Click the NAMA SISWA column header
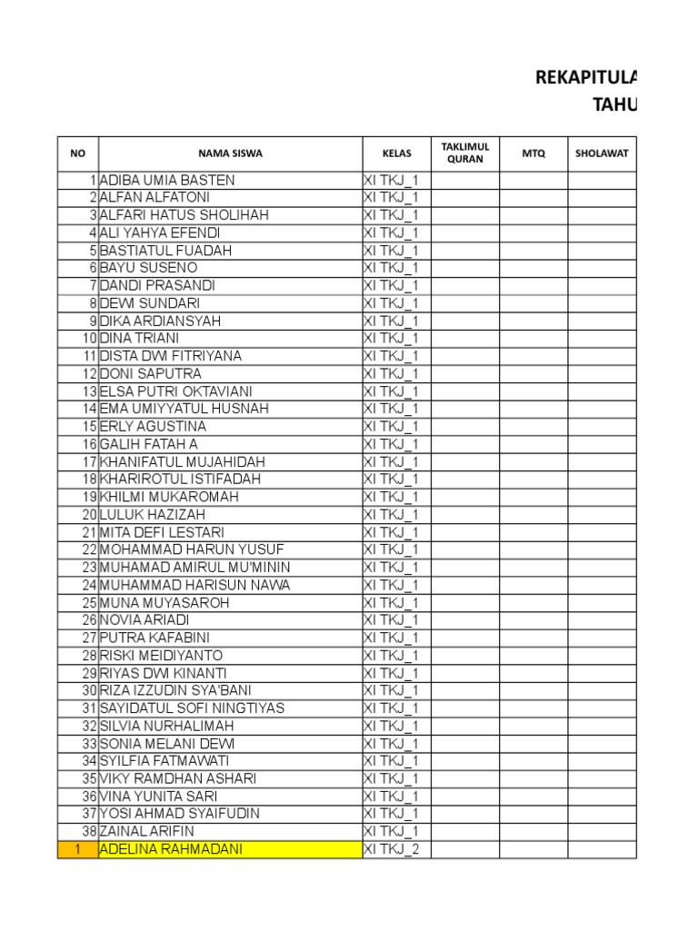click(230, 153)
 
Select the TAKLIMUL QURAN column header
click(464, 153)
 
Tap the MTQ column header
click(533, 153)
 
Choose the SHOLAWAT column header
click(602, 153)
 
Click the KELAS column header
click(396, 153)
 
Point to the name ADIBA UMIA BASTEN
click(167, 180)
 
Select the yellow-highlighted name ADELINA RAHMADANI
click(171, 849)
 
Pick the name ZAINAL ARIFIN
click(147, 831)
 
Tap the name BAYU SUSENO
click(148, 268)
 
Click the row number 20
click(89, 514)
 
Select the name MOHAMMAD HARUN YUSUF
click(192, 549)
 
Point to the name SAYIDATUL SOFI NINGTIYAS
click(192, 708)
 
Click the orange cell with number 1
click(78, 849)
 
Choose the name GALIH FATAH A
click(148, 444)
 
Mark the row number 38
click(89, 831)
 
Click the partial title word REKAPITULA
click(586, 78)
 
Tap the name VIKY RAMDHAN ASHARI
click(178, 778)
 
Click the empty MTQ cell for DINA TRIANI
click(533, 338)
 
